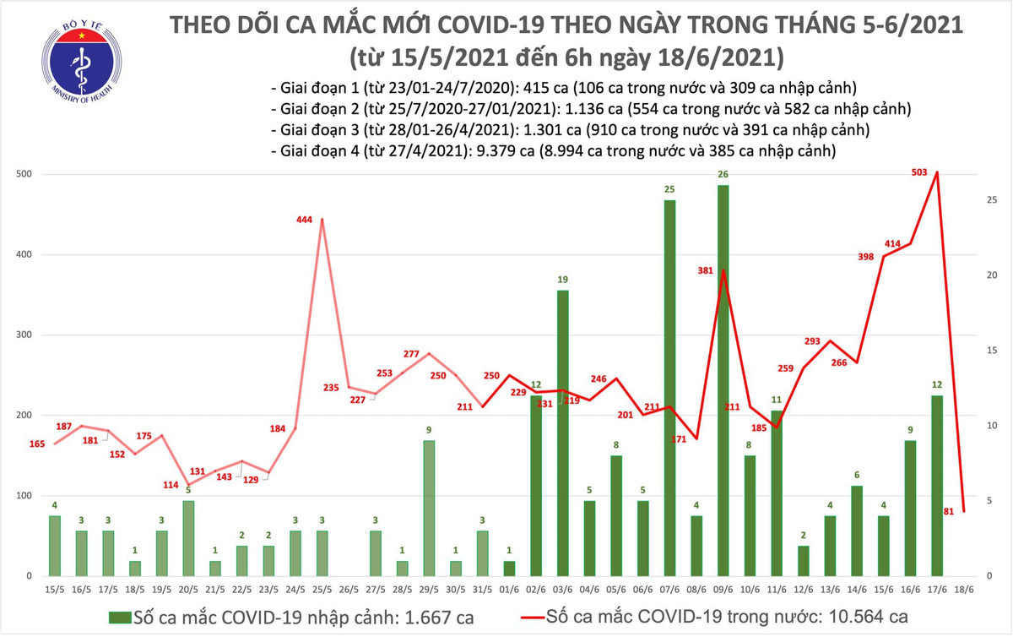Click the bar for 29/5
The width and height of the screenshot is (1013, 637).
pyautogui.click(x=430, y=508)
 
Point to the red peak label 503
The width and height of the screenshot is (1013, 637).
pyautogui.click(x=919, y=172)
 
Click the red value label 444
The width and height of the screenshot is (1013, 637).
pyautogui.click(x=305, y=220)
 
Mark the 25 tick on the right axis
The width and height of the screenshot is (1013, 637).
pyautogui.click(x=992, y=200)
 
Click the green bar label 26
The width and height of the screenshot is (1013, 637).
pyautogui.click(x=723, y=174)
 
